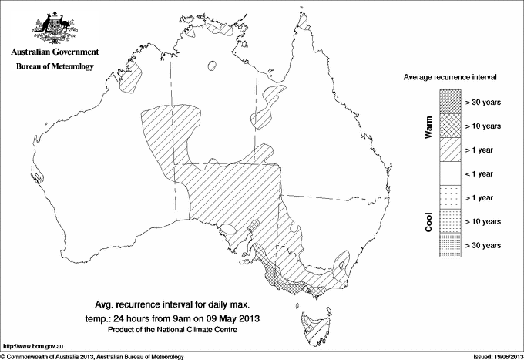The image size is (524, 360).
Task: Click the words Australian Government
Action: click(x=54, y=52)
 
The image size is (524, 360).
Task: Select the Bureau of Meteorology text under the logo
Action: click(x=54, y=67)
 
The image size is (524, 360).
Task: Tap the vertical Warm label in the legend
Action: click(x=429, y=126)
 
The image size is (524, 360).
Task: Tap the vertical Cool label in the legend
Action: click(x=429, y=221)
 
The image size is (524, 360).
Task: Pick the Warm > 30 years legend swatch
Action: click(x=449, y=101)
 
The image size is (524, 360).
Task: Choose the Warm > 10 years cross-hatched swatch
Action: click(x=449, y=125)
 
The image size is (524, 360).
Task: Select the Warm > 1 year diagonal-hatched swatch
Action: click(x=449, y=149)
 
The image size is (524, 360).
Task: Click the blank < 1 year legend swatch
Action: click(x=449, y=173)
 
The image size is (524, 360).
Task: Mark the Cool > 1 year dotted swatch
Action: click(x=449, y=197)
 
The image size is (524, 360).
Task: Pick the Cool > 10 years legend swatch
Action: click(x=449, y=220)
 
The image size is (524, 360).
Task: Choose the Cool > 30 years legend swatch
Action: click(x=449, y=244)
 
